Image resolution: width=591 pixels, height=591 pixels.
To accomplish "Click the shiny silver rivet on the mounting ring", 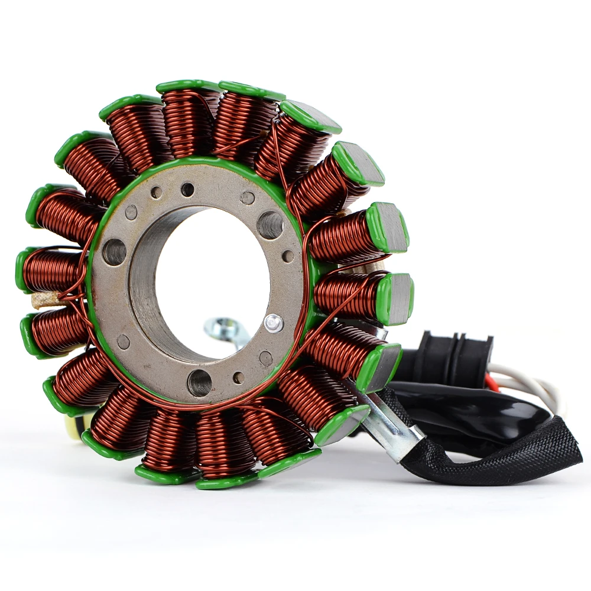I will [x=272, y=323].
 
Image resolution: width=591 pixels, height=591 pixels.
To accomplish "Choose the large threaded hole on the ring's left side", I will [x=114, y=252].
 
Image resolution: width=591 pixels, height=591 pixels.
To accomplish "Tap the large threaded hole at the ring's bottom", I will [x=199, y=382].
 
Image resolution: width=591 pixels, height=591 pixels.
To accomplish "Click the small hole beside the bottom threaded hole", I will [x=238, y=378].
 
